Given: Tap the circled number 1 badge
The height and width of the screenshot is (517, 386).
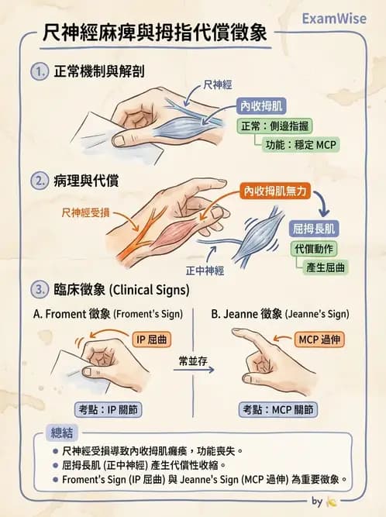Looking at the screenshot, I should tap(40, 71).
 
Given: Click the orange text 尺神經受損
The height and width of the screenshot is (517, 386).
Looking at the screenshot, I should tap(85, 212).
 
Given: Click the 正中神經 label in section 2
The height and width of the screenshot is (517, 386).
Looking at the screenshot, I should tap(204, 272).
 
